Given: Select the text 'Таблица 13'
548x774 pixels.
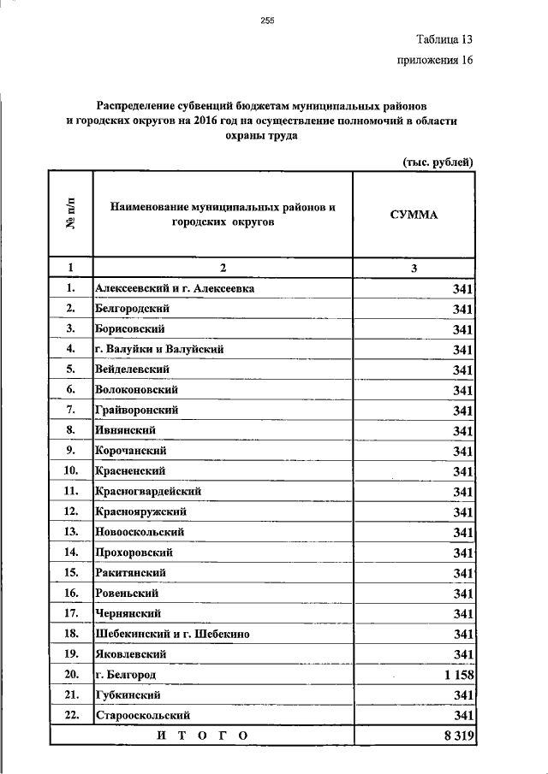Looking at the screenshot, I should (444, 39).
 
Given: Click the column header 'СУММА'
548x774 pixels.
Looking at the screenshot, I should (414, 215).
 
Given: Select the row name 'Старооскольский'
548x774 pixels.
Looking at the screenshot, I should (142, 715).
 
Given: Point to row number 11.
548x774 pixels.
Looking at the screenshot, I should (71, 491).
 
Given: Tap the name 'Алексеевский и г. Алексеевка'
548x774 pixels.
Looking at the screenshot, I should (175, 288).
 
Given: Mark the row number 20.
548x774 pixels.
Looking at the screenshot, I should (71, 675).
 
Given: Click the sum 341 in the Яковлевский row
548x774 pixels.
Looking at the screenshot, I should (463, 654).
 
